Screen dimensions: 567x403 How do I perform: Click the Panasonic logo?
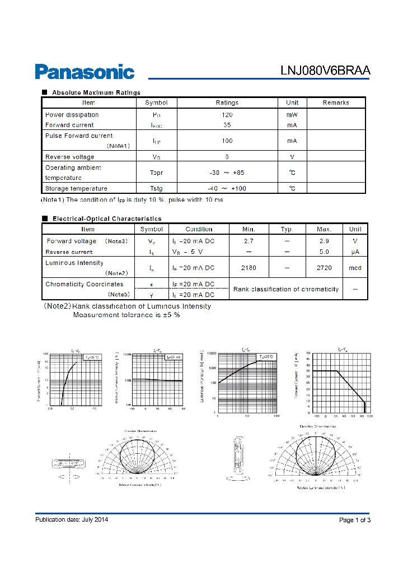point(85,72)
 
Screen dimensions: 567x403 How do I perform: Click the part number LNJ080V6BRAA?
point(325,71)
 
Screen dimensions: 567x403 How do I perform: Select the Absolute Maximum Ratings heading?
point(96,92)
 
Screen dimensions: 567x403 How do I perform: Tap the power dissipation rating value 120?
point(227,114)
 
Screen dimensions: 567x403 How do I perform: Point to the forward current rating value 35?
point(227,125)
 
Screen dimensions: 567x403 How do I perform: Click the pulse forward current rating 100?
point(227,141)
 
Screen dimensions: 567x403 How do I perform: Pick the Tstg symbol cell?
point(156,188)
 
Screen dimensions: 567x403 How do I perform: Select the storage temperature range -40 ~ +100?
point(227,188)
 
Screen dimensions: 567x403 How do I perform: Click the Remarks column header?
point(336,103)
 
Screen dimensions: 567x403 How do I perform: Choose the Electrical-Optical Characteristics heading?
point(106,219)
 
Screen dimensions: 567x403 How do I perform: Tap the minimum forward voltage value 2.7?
point(249,241)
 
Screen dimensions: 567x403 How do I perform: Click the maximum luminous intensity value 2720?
point(324,268)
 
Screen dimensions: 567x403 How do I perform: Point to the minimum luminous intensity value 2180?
point(249,268)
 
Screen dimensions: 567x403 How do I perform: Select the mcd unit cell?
point(355,268)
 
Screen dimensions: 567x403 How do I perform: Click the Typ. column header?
point(287,229)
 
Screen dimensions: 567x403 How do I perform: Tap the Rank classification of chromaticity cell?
point(286,289)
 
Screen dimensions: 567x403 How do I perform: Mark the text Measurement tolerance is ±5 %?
point(126,315)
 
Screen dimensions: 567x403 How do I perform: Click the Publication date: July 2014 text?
point(72,519)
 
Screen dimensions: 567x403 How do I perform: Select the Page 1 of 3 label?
point(355,520)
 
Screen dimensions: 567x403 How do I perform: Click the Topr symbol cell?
point(156,173)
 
